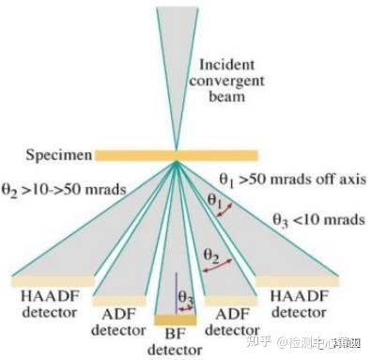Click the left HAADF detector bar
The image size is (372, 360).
tap(52, 280)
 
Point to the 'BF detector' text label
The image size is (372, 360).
tap(173, 343)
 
